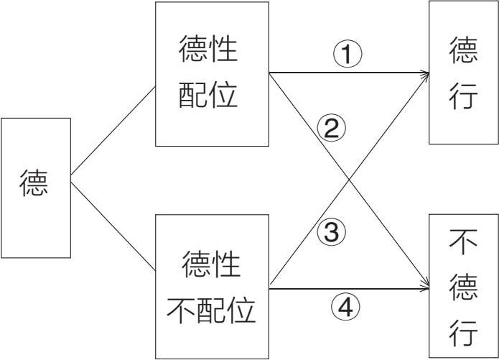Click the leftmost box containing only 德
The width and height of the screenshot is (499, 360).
[x=35, y=187]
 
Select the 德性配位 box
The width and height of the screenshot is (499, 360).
[x=212, y=74]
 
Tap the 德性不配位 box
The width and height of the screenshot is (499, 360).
[x=212, y=286]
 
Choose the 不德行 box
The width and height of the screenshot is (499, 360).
[x=462, y=286]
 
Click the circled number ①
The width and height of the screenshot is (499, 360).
[x=346, y=55]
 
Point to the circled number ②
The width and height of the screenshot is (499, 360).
[x=331, y=129]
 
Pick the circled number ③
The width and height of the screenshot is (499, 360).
[x=331, y=232]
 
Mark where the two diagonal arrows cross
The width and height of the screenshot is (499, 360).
[x=348, y=180]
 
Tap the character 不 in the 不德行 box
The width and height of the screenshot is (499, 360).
[x=462, y=244]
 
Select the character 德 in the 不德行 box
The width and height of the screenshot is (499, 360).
[x=463, y=288]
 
